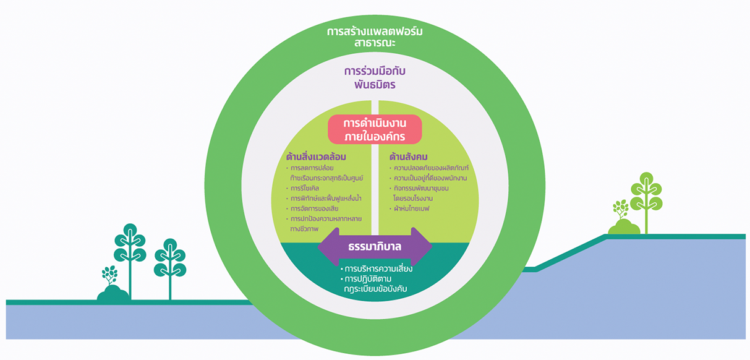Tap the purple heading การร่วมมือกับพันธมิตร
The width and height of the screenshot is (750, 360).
click(x=375, y=77)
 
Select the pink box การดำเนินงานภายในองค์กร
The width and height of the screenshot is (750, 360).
click(x=375, y=129)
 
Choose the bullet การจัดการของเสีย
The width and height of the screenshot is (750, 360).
click(x=315, y=208)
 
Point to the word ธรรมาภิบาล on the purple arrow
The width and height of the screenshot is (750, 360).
click(x=375, y=247)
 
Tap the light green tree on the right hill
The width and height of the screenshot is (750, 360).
click(x=646, y=198)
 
